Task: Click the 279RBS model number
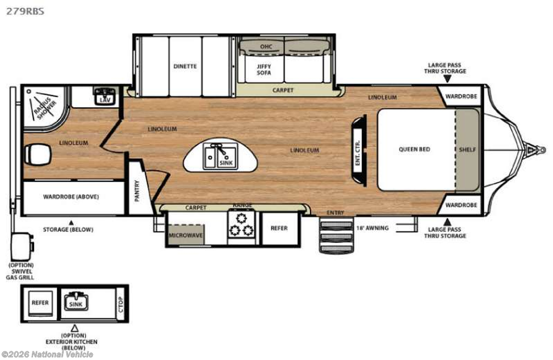[x=25, y=11]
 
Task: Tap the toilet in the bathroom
[x=37, y=154]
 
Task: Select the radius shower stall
[x=45, y=106]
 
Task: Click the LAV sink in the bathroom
[x=105, y=96]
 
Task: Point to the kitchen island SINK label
[x=226, y=163]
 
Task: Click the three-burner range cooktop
[x=241, y=226]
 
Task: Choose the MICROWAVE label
[x=186, y=235]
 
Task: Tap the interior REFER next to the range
[x=279, y=228]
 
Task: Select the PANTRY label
[x=137, y=191]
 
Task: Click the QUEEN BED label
[x=414, y=150]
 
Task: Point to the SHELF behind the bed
[x=467, y=150]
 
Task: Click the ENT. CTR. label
[x=358, y=153]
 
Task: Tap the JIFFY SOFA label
[x=264, y=70]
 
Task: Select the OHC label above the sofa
[x=266, y=46]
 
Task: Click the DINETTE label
[x=185, y=66]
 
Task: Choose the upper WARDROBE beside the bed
[x=461, y=96]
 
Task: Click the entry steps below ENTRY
[x=336, y=235]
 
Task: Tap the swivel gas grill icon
[x=22, y=242]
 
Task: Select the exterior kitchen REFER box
[x=40, y=303]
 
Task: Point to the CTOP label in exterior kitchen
[x=120, y=304]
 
